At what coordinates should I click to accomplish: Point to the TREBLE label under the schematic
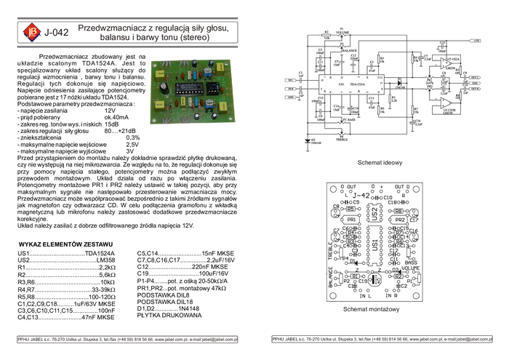342,138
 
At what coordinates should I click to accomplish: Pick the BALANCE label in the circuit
350,49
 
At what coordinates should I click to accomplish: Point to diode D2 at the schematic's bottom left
306,141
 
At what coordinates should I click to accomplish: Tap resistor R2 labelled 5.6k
326,36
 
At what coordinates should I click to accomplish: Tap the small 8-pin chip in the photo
214,89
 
